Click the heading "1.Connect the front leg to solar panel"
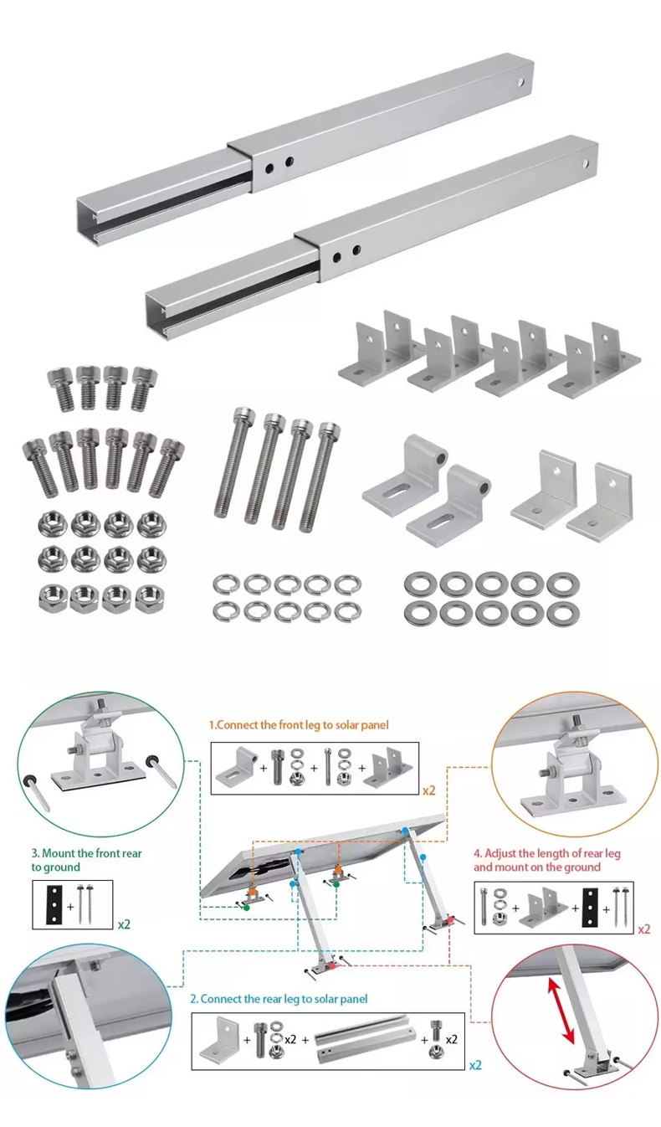[x=299, y=724]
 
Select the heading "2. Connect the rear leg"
[x=278, y=999]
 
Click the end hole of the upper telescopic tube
[x=521, y=82]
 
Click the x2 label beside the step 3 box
[x=125, y=924]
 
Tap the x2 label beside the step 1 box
[x=428, y=789]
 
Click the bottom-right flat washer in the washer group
[x=561, y=613]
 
